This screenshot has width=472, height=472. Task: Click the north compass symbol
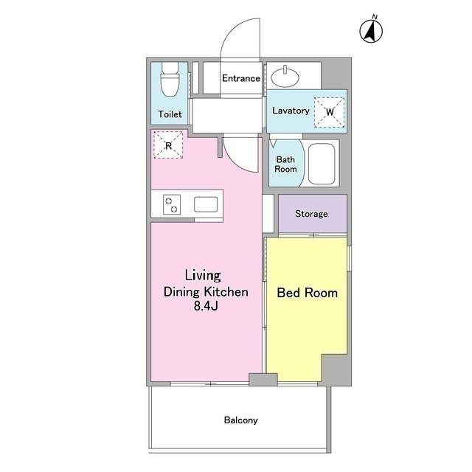pos(371,29)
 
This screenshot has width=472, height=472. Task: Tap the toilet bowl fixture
pos(170,79)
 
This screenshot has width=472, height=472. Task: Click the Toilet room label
pos(170,114)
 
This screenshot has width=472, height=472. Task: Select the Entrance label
pos(241,78)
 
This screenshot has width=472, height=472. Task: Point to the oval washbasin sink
pos(285,77)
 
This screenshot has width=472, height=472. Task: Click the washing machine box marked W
pos(330,111)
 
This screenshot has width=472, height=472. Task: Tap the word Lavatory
pos(291,111)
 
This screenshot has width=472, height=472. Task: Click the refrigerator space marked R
pos(168,145)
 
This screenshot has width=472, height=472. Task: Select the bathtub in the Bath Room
pos(322,164)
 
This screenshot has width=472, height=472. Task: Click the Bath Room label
pos(285,164)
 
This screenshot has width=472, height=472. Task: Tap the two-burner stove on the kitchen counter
pos(172,205)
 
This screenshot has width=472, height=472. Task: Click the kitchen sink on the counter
pos(206,204)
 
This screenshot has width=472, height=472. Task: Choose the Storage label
pos(311,214)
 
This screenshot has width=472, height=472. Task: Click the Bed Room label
pos(307,293)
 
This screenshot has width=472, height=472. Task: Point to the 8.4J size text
pos(206,306)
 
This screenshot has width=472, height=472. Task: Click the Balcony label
pos(241,420)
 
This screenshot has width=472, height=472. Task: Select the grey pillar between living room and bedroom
pos(263,379)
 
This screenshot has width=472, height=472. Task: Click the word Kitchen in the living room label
pos(226,292)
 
